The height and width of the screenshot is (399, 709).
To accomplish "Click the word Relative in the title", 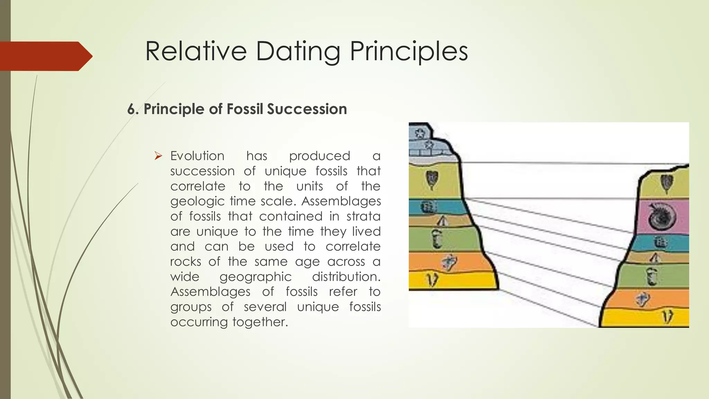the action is (x=196, y=51).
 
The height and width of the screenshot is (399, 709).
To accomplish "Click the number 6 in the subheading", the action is (x=131, y=109).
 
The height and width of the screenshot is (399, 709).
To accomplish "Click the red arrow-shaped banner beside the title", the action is (x=45, y=56).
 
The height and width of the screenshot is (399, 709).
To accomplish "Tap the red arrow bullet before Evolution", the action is (x=158, y=156).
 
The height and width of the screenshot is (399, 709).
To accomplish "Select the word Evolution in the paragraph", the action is (x=197, y=156).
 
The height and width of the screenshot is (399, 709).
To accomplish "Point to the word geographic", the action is (x=255, y=277).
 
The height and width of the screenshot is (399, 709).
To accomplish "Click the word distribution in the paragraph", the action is (x=346, y=277).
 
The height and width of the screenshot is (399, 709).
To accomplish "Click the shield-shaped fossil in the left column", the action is (x=431, y=179).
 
